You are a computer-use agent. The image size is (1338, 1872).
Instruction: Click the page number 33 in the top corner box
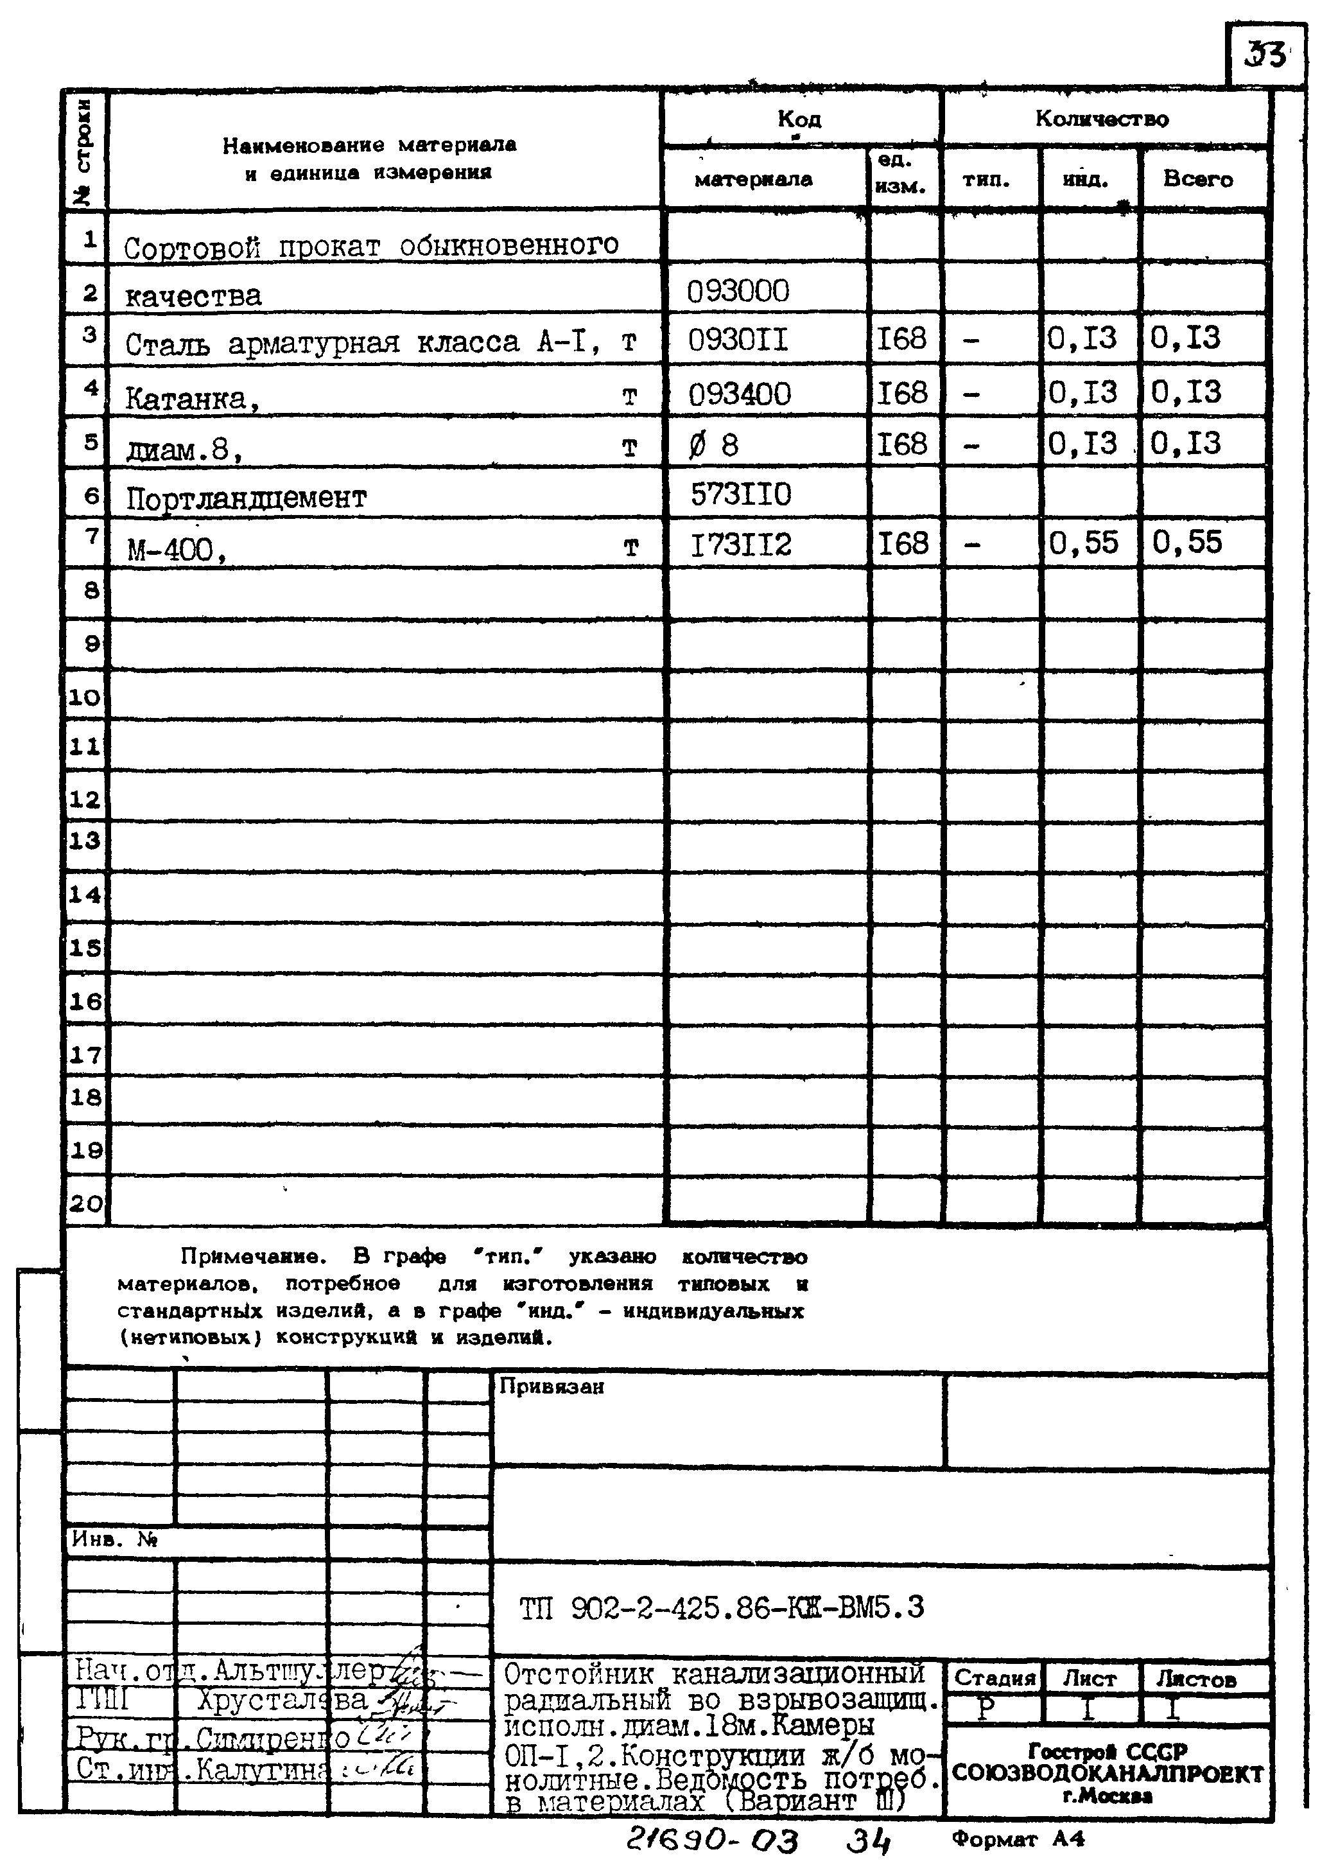[1264, 55]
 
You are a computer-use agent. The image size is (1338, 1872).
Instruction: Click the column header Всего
[1197, 179]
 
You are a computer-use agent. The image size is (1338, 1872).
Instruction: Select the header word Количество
[1102, 119]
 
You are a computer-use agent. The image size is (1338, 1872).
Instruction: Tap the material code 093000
[738, 291]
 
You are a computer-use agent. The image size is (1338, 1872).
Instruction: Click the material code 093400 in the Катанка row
[739, 394]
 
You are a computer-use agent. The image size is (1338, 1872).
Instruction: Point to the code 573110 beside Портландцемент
[741, 494]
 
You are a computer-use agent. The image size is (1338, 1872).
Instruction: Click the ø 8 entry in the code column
[713, 445]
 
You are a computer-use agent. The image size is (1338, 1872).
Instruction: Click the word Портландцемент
[245, 498]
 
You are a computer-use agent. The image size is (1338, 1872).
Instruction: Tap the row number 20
[85, 1203]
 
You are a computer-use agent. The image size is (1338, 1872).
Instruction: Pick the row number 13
[85, 841]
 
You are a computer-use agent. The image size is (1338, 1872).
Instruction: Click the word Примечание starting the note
[253, 1257]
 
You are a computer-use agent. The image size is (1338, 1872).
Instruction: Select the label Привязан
[551, 1387]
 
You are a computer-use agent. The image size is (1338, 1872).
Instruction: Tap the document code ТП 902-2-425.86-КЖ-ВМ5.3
[722, 1607]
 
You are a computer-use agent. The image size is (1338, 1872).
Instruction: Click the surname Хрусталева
[281, 1701]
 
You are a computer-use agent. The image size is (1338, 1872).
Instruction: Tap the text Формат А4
[1018, 1839]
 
